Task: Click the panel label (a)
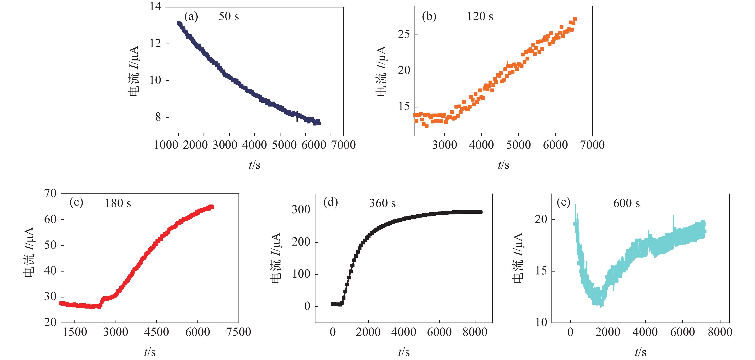pos(191,16)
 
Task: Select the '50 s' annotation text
pos(229,16)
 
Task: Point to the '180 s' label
pos(118,203)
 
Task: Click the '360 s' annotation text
pos(382,203)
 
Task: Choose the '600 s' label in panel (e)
pos(626,203)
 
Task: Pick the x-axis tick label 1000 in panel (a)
pos(166,145)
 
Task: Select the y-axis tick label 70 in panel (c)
pos(50,193)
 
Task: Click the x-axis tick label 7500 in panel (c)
pos(239,332)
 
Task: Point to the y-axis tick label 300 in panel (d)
pos(301,210)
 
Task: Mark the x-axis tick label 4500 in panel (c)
pos(157,332)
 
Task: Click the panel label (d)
pos(330,202)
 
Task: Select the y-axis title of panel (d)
pos(276,258)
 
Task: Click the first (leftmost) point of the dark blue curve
pos(178,23)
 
